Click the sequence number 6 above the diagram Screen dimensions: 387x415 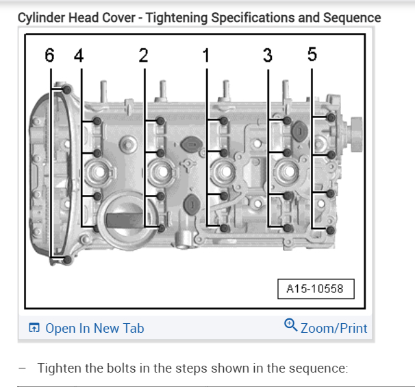pos(49,57)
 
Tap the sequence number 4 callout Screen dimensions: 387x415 pos(78,57)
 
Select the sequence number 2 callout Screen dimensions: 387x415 pos(143,56)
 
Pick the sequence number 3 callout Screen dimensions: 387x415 pos(268,56)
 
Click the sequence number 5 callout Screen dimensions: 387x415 pos(312,55)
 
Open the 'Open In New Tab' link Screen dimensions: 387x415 pos(94,328)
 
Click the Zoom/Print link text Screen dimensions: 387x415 pos(334,328)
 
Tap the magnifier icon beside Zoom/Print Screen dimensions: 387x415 pos(290,325)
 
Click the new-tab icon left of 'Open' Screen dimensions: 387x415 pos(34,328)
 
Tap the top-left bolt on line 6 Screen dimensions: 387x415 pos(67,90)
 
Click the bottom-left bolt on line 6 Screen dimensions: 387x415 pos(66,259)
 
